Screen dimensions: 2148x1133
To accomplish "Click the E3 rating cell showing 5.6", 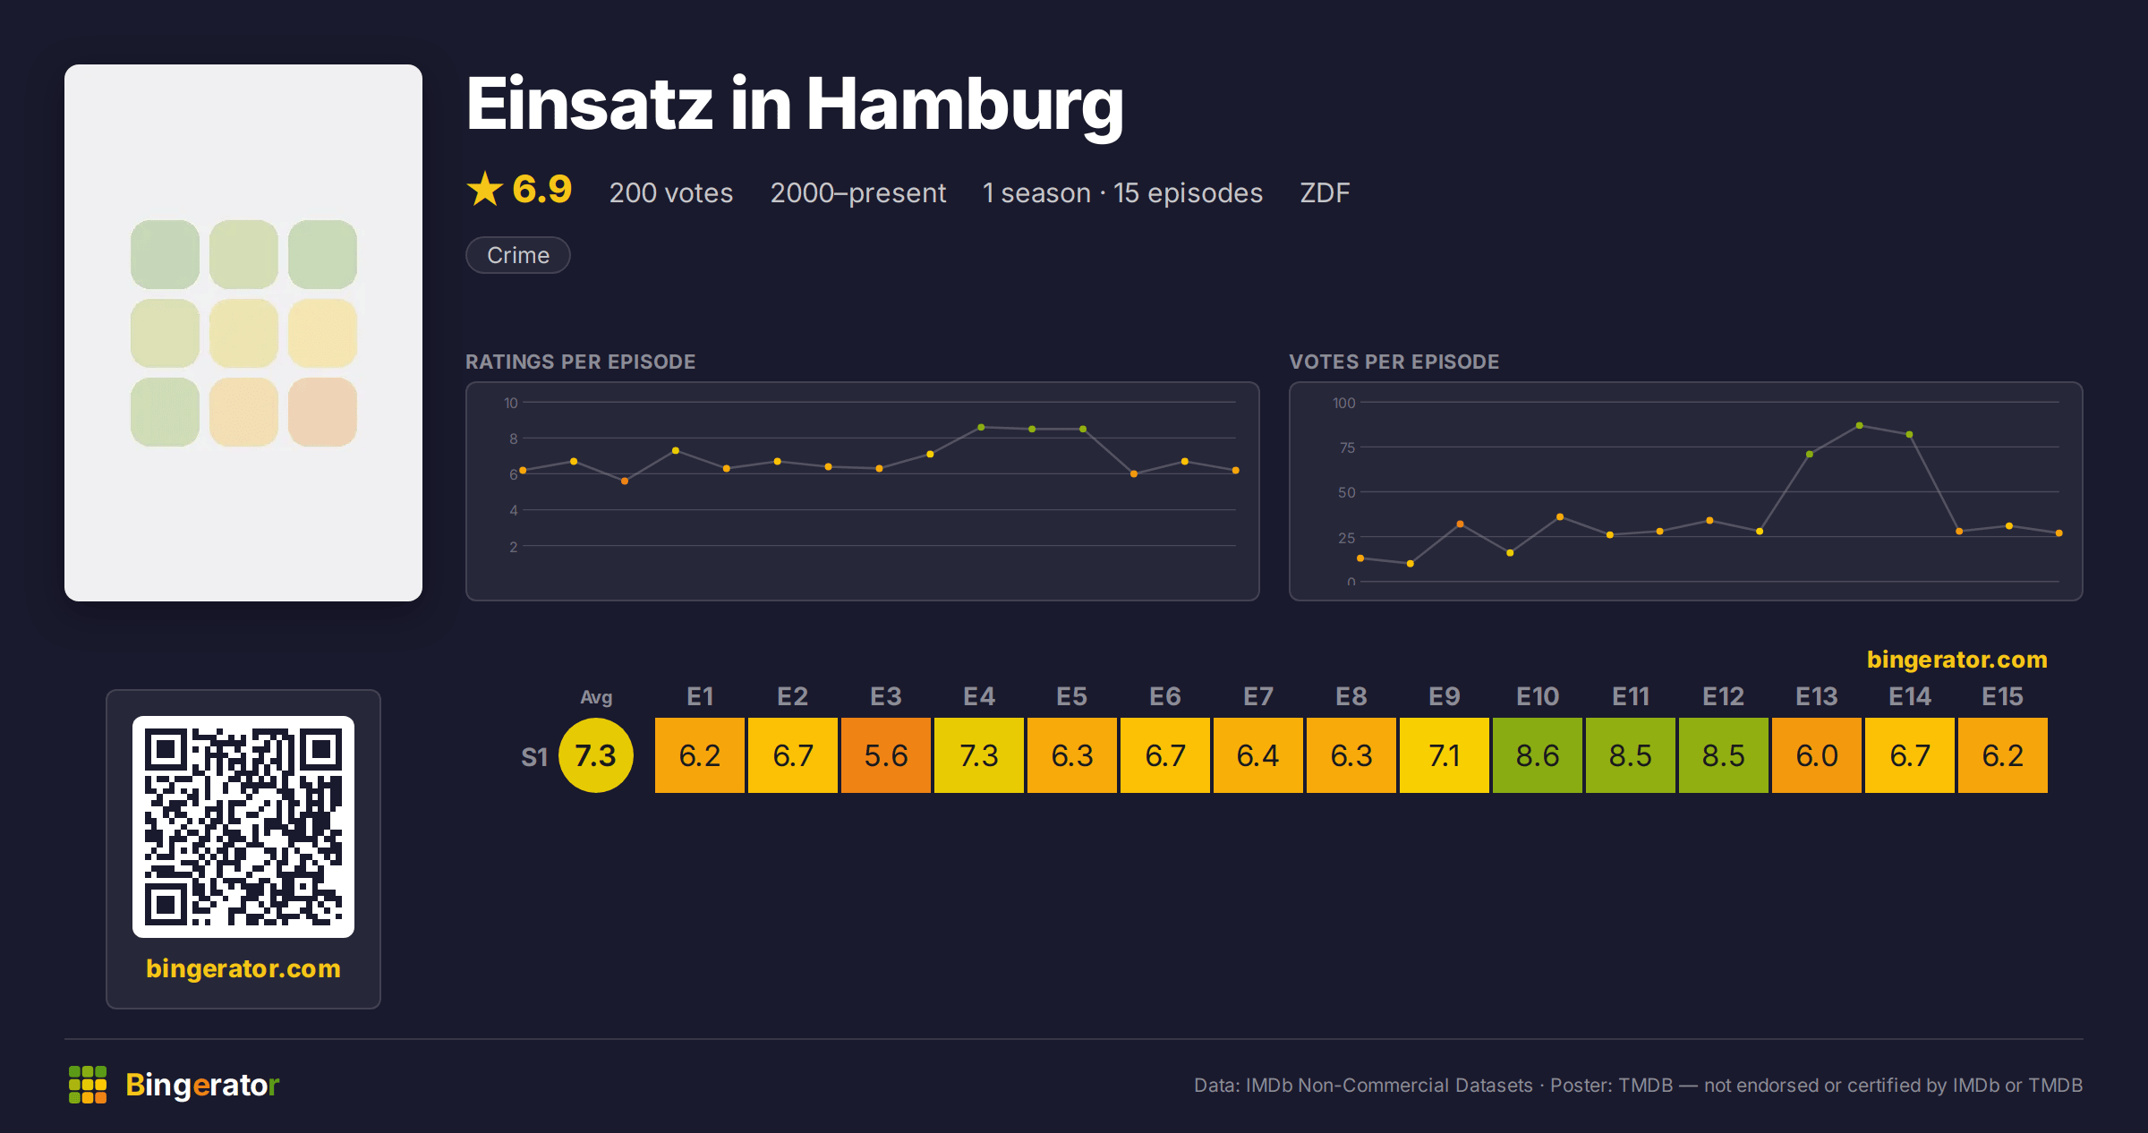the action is [x=886, y=755].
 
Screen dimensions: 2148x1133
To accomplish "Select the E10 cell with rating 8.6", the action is [x=1538, y=755].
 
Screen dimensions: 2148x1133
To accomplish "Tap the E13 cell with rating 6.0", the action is [x=1817, y=755].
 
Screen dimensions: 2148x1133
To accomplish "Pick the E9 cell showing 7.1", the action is [x=1445, y=755].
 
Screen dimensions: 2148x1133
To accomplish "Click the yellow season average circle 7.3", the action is [x=596, y=755].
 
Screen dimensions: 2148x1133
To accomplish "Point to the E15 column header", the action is [x=2003, y=696].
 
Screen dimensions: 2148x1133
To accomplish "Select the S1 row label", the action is [x=534, y=757].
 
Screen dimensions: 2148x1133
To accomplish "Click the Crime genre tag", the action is [x=518, y=255].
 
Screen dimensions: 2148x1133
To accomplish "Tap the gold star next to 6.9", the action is [x=485, y=189].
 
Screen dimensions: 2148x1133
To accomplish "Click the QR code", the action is [x=243, y=827].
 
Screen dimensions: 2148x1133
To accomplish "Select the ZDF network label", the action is [x=1325, y=192].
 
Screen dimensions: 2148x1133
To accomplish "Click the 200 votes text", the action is [x=671, y=192].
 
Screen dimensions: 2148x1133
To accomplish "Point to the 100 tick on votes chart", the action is [x=1343, y=403].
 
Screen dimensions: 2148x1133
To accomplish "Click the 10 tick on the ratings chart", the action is [x=510, y=403].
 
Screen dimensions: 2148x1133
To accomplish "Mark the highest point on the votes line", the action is [x=1860, y=425].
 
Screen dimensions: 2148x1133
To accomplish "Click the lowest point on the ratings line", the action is [x=625, y=481].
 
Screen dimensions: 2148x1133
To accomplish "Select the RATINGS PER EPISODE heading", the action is [x=581, y=362].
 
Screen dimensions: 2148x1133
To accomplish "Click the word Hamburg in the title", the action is [x=965, y=105].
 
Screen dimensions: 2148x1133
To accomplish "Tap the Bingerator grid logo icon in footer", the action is [x=88, y=1085].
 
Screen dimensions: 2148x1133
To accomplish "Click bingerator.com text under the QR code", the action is [x=243, y=968].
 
